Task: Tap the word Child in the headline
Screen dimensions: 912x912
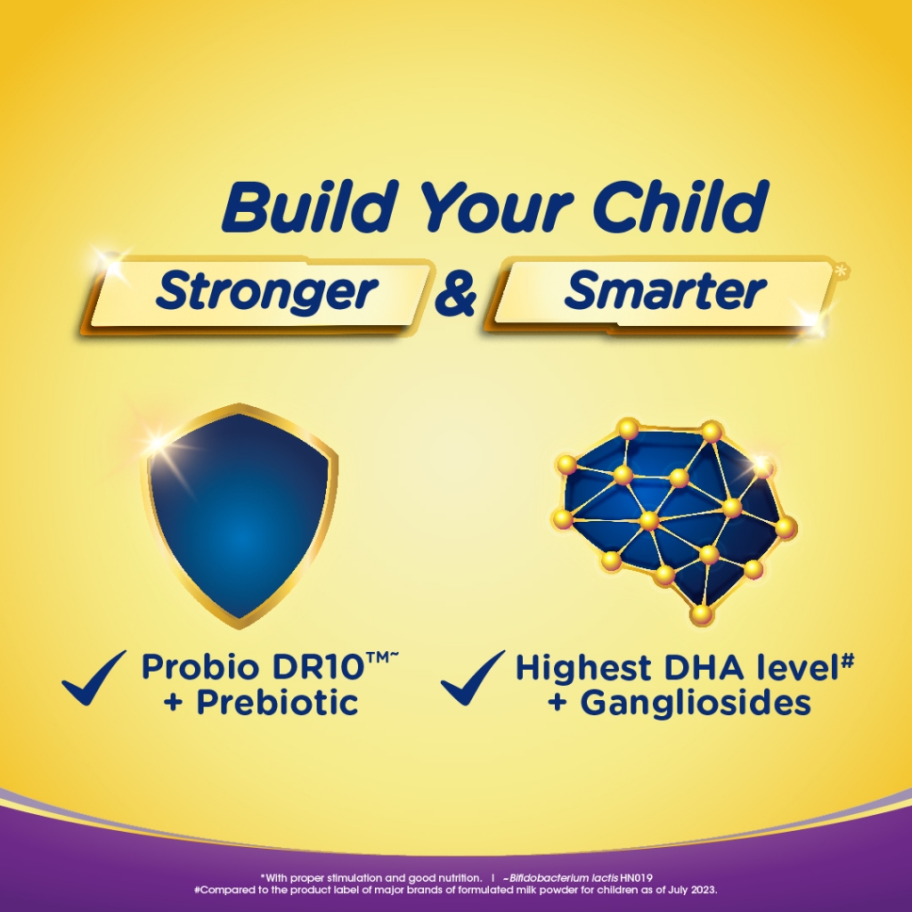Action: [x=680, y=206]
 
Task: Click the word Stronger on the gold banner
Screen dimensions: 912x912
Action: [x=267, y=292]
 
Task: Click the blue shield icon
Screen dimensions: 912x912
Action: [x=239, y=516]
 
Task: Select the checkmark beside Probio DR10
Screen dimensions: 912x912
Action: [x=94, y=678]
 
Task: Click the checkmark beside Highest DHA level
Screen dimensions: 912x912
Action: [x=473, y=678]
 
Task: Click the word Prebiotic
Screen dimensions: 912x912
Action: [x=277, y=703]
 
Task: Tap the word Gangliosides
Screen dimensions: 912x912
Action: [x=696, y=704]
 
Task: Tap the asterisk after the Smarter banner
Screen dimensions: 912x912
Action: [x=842, y=271]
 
